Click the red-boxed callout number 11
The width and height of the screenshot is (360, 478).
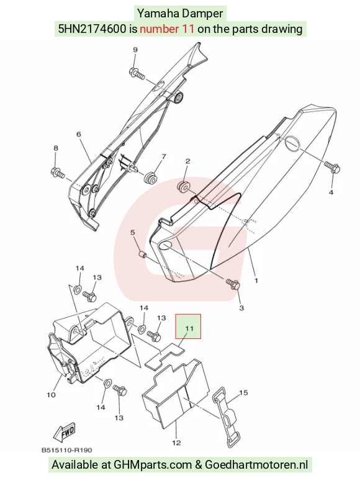pyautogui.click(x=189, y=328)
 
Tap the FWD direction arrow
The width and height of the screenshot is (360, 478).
pyautogui.click(x=64, y=432)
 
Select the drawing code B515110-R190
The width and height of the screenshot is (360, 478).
pyautogui.click(x=67, y=450)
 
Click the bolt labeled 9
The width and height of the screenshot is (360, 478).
pyautogui.click(x=137, y=73)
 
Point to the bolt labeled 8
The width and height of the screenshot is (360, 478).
pyautogui.click(x=58, y=172)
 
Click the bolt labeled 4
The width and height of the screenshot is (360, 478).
pyautogui.click(x=332, y=167)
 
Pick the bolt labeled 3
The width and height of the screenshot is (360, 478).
pyautogui.click(x=233, y=284)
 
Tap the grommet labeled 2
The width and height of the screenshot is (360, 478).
pyautogui.click(x=183, y=187)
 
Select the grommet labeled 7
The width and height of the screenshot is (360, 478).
pyautogui.click(x=150, y=178)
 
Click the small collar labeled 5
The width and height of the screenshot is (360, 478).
pyautogui.click(x=142, y=254)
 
